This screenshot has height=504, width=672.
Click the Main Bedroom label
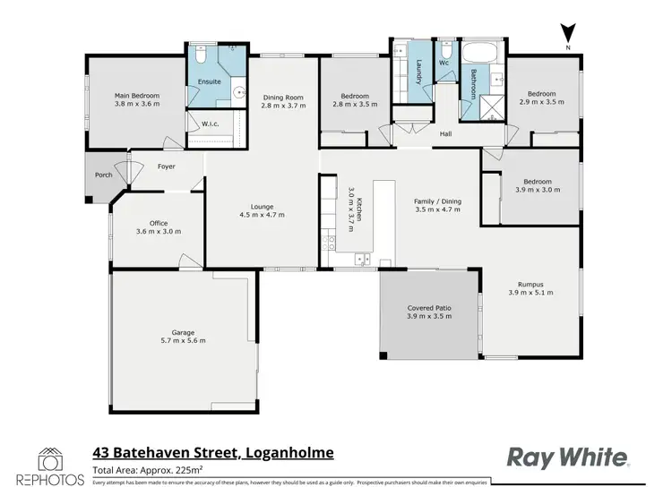click(136, 95)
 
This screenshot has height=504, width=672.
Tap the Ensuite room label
click(209, 82)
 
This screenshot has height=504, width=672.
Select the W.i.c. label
click(211, 124)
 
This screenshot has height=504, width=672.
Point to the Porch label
click(104, 175)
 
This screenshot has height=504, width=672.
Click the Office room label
click(159, 223)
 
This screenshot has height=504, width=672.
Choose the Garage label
click(183, 332)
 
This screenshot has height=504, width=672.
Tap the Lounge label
click(263, 207)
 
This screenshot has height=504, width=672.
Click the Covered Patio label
click(429, 308)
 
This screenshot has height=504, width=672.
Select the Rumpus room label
click(527, 285)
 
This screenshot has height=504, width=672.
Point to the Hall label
click(445, 134)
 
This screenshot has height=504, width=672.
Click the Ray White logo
click(568, 457)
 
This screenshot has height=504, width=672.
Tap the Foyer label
click(167, 167)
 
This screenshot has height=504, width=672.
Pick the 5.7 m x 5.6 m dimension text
click(183, 340)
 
